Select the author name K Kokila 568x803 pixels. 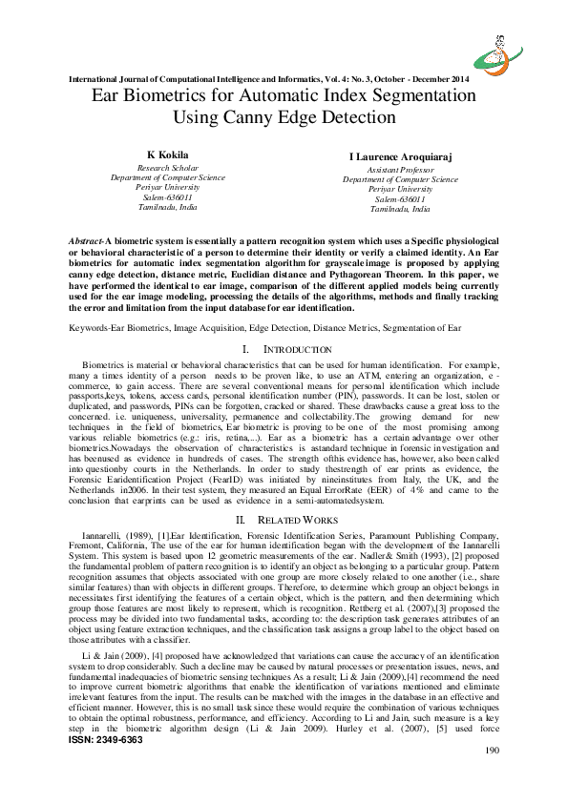(x=168, y=154)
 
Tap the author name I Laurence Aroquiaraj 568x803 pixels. (x=400, y=154)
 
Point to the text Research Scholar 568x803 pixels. (x=168, y=167)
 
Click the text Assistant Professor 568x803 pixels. (x=400, y=168)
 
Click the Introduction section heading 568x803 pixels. (x=295, y=351)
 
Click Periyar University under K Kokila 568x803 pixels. (x=168, y=187)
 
